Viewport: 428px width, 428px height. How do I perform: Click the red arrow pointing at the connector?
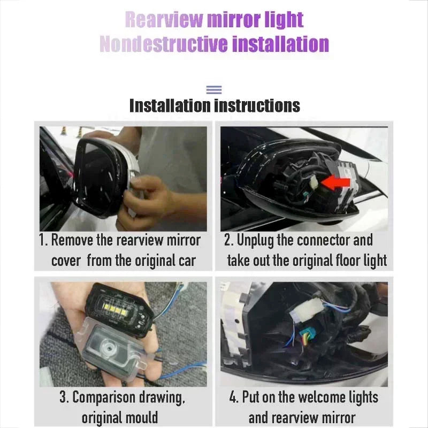(x=336, y=182)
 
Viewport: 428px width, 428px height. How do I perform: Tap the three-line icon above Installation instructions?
(x=214, y=89)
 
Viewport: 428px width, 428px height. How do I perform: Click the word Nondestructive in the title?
(x=164, y=44)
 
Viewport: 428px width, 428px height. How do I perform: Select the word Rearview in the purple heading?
(x=164, y=20)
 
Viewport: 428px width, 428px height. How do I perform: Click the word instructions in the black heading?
(x=257, y=105)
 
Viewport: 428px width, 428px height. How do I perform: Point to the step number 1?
(x=42, y=240)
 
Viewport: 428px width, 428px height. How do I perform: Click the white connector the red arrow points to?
(x=315, y=182)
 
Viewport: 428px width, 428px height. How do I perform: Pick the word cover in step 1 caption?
(x=66, y=261)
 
